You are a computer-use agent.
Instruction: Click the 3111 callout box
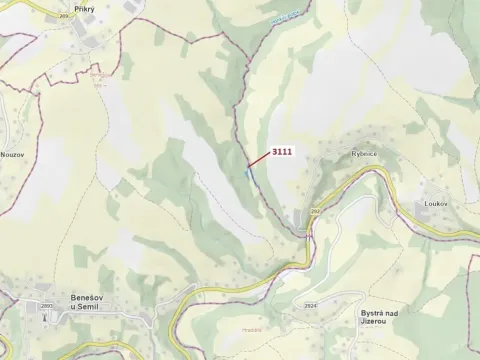pos(281,152)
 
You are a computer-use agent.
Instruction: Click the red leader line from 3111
pos(257,163)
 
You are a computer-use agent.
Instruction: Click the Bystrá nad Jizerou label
pos(385,317)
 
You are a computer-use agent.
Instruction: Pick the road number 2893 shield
pos(46,304)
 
